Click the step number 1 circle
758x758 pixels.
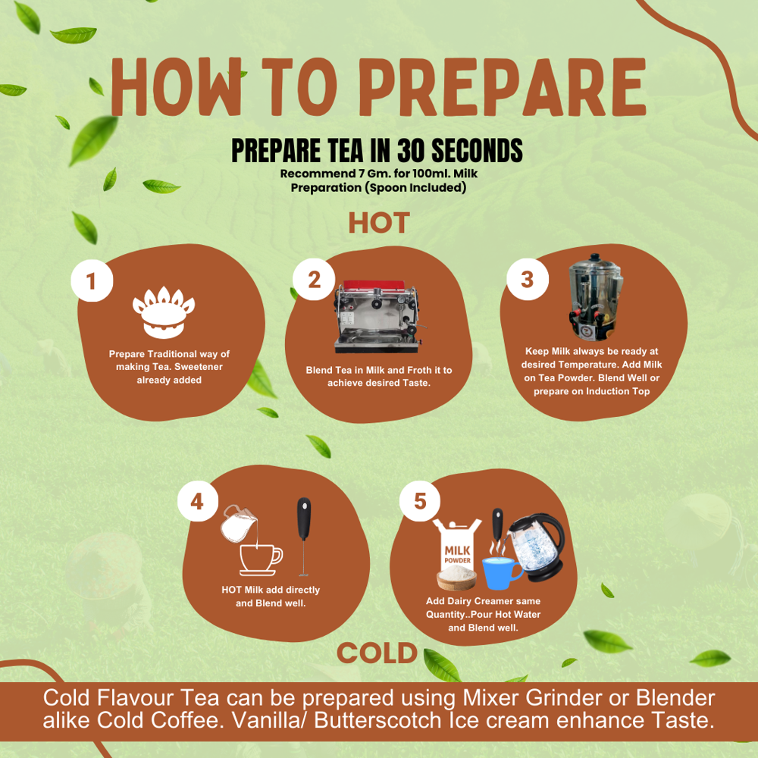point(92,281)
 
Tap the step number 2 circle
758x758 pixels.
point(314,280)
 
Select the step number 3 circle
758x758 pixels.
point(528,279)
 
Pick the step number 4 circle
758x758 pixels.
point(198,501)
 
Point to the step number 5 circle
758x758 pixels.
point(420,501)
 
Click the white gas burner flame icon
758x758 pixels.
point(164,312)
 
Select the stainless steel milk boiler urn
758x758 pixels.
point(594,297)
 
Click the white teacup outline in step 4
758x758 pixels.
point(261,560)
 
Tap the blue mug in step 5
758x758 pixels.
point(502,573)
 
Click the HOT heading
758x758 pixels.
point(379,223)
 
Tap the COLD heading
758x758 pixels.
point(377,653)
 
